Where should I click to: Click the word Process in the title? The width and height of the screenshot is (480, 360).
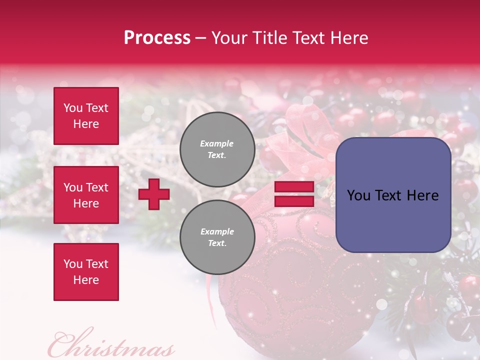pos(157,38)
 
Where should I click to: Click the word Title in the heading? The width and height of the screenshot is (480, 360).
pos(269,38)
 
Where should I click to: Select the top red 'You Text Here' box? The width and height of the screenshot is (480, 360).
pos(86,116)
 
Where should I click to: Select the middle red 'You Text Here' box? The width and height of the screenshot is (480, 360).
pos(86,195)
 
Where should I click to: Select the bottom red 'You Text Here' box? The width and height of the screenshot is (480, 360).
pos(86,272)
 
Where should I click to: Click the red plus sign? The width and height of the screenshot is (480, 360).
pos(154,194)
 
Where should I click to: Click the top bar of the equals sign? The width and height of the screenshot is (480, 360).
pos(294,187)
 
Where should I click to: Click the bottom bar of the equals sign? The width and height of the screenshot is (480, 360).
pos(294,201)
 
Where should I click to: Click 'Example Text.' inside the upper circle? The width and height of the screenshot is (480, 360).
pos(217,149)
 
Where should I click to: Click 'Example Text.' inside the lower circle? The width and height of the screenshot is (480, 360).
pos(217,237)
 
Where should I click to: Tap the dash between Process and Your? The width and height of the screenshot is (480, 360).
pos(201,38)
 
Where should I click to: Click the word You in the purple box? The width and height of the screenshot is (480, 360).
pos(358,195)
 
